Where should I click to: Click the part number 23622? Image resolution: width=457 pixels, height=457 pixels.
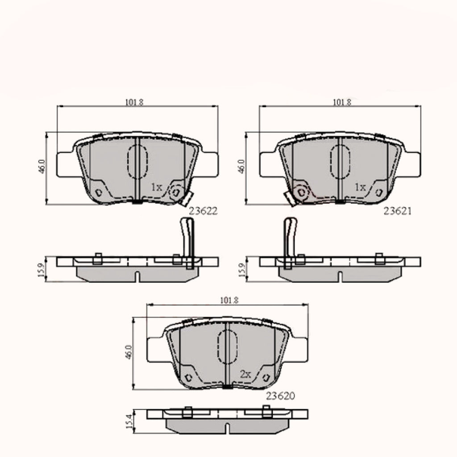click(203, 211)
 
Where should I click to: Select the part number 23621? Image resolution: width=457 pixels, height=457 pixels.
click(398, 211)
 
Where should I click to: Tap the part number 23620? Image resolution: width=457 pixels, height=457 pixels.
click(280, 396)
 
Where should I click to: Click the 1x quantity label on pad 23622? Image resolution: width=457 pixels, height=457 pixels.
click(157, 187)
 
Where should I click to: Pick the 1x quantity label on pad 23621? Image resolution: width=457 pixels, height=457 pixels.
click(360, 187)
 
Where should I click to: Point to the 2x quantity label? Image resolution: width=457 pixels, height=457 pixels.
click(245, 374)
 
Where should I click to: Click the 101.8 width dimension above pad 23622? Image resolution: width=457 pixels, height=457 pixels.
click(134, 102)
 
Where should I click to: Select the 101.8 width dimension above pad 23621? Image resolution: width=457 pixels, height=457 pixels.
click(342, 102)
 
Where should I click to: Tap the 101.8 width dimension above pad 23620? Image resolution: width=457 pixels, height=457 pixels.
click(229, 300)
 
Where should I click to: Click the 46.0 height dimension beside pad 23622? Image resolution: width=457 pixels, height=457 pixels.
click(42, 167)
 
